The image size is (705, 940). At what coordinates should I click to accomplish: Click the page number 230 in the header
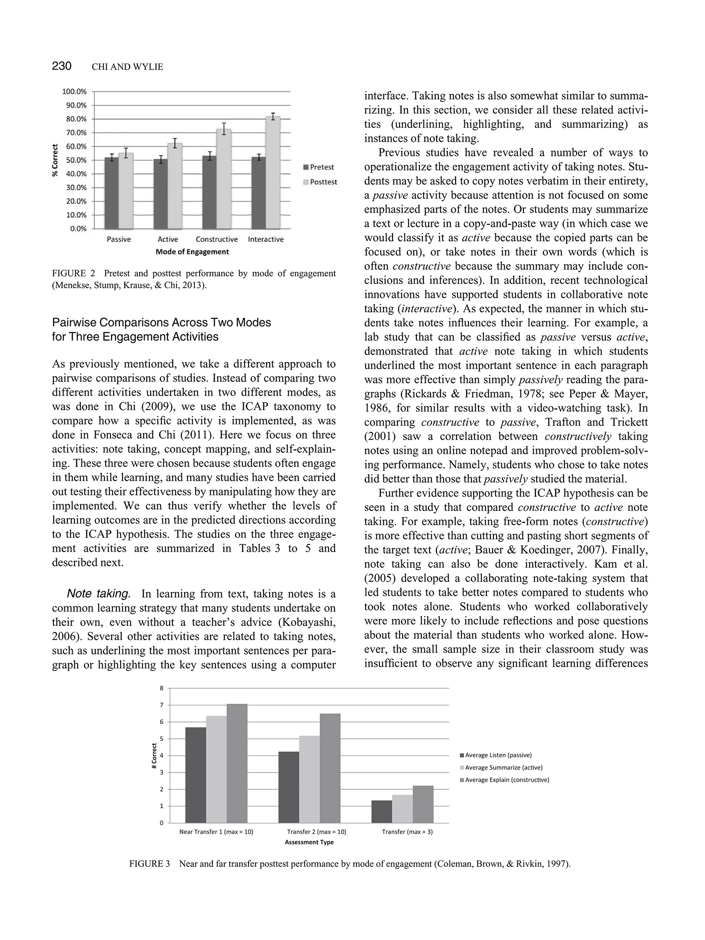point(62,66)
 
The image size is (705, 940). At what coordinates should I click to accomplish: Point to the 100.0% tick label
point(74,92)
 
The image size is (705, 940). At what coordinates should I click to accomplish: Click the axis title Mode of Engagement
point(192,252)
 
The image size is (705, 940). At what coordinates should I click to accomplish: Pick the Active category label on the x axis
point(168,239)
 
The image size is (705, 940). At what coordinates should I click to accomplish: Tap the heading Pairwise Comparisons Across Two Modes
point(161,322)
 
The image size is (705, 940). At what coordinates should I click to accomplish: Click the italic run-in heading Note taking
point(99,594)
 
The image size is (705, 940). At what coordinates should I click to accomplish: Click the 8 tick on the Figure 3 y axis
point(161,688)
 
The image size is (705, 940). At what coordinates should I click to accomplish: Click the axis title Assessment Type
point(309,842)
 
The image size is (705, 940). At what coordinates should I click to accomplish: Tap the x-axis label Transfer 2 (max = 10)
point(316,832)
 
